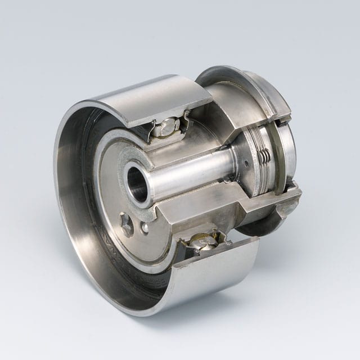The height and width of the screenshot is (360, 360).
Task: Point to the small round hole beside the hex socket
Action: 145,228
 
